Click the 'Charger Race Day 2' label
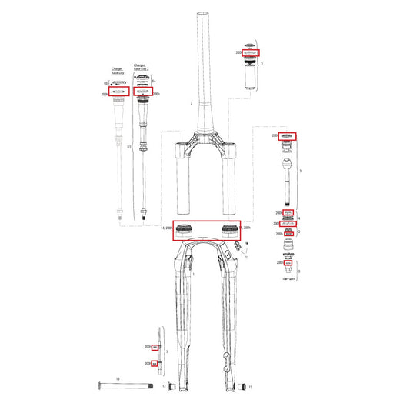pyautogui.click(x=140, y=67)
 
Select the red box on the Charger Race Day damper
pyautogui.click(x=118, y=91)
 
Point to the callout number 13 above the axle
pyautogui.click(x=118, y=379)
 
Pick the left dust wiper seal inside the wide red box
pyautogui.click(x=185, y=228)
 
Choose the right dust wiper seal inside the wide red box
pyautogui.click(x=229, y=228)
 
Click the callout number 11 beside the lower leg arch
pyautogui.click(x=248, y=257)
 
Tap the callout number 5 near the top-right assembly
pyautogui.click(x=262, y=63)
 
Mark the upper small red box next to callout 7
pyautogui.click(x=155, y=348)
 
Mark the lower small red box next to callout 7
pyautogui.click(x=155, y=363)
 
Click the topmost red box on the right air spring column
pyautogui.click(x=288, y=136)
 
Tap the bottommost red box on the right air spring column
pyautogui.click(x=288, y=263)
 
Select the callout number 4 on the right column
pyautogui.click(x=298, y=218)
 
